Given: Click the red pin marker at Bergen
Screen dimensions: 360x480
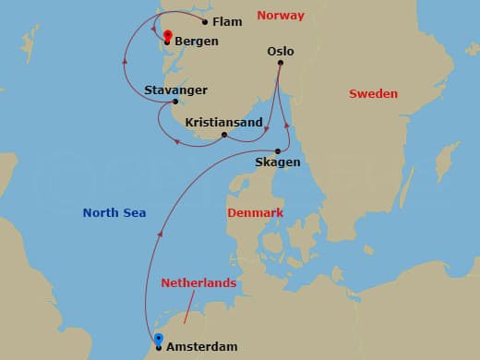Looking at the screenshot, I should point(167,37).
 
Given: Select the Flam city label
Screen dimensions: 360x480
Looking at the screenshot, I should point(226,20).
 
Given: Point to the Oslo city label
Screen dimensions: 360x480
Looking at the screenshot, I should point(280,52).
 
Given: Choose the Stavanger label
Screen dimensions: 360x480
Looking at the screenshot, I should point(175,90).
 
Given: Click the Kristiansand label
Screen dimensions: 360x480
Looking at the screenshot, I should point(224,122).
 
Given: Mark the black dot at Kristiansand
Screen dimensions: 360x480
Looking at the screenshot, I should point(224,135).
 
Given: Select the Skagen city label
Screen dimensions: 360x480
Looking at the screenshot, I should point(278,162).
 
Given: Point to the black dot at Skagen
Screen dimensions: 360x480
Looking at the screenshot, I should point(278,151).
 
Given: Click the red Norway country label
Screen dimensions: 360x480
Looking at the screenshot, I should point(280,15).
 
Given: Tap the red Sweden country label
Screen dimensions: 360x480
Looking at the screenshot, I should point(373,94).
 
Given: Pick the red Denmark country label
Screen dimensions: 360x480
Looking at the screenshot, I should point(255,213).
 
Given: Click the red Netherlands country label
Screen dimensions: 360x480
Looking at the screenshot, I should point(198,282).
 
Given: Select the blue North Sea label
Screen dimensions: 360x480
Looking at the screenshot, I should point(114,213).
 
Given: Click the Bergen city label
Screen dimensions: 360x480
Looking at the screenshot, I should point(196,42).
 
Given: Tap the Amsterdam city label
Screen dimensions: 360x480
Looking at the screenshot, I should point(202,347).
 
